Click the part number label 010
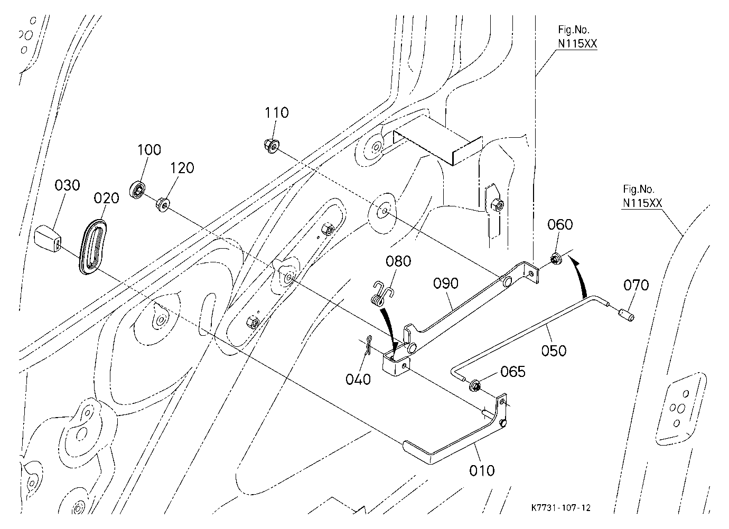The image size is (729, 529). click(x=482, y=470)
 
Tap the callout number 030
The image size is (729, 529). click(x=67, y=185)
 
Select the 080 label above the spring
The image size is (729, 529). click(x=398, y=261)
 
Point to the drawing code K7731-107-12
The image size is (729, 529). click(x=560, y=508)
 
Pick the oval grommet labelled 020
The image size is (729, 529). click(x=93, y=247)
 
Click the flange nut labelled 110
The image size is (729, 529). click(x=271, y=146)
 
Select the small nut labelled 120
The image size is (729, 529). click(x=162, y=205)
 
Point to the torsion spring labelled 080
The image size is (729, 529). click(x=381, y=295)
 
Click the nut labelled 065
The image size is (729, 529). click(x=474, y=385)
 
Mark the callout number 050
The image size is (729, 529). click(x=554, y=351)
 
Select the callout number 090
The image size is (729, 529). click(x=446, y=284)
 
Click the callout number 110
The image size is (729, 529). click(x=276, y=112)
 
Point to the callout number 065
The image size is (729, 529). click(x=513, y=372)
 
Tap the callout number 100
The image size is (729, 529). click(x=149, y=150)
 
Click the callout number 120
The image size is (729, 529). click(x=182, y=168)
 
